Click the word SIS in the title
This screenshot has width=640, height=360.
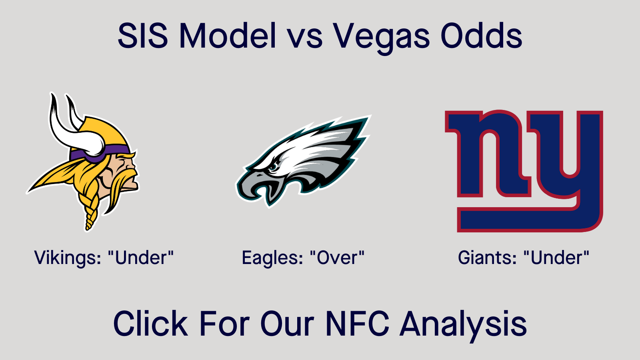142,36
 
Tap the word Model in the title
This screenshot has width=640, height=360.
228,36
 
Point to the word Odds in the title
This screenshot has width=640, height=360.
482,36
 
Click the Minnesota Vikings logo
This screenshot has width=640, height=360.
82,162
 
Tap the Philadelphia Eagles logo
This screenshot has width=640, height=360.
303,162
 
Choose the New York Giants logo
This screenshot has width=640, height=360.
524,171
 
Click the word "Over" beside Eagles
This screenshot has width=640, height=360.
337,258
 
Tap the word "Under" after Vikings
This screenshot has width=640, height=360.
141,258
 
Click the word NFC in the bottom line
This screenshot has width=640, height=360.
358,324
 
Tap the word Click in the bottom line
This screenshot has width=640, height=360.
150,324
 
